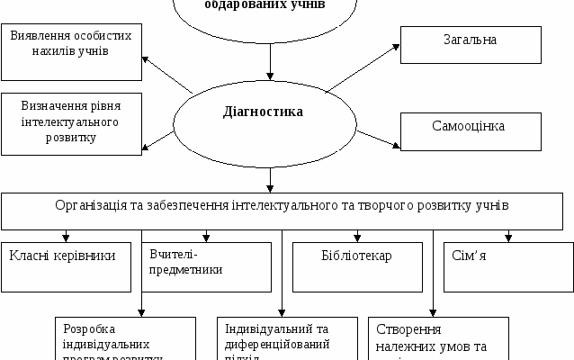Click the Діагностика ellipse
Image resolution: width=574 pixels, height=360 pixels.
pos(263,114)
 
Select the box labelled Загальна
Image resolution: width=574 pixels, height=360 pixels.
pos(469,42)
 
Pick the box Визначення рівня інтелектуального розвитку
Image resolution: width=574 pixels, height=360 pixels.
pos(71,121)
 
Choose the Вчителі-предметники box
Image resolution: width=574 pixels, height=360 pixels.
pos(206,266)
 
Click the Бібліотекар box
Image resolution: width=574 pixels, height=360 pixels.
pos(356,266)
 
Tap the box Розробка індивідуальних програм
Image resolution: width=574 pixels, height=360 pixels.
pos(124,337)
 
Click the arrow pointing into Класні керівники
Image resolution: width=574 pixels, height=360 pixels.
pos(66,236)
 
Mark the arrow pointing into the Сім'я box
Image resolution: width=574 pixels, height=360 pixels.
pos(508,236)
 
